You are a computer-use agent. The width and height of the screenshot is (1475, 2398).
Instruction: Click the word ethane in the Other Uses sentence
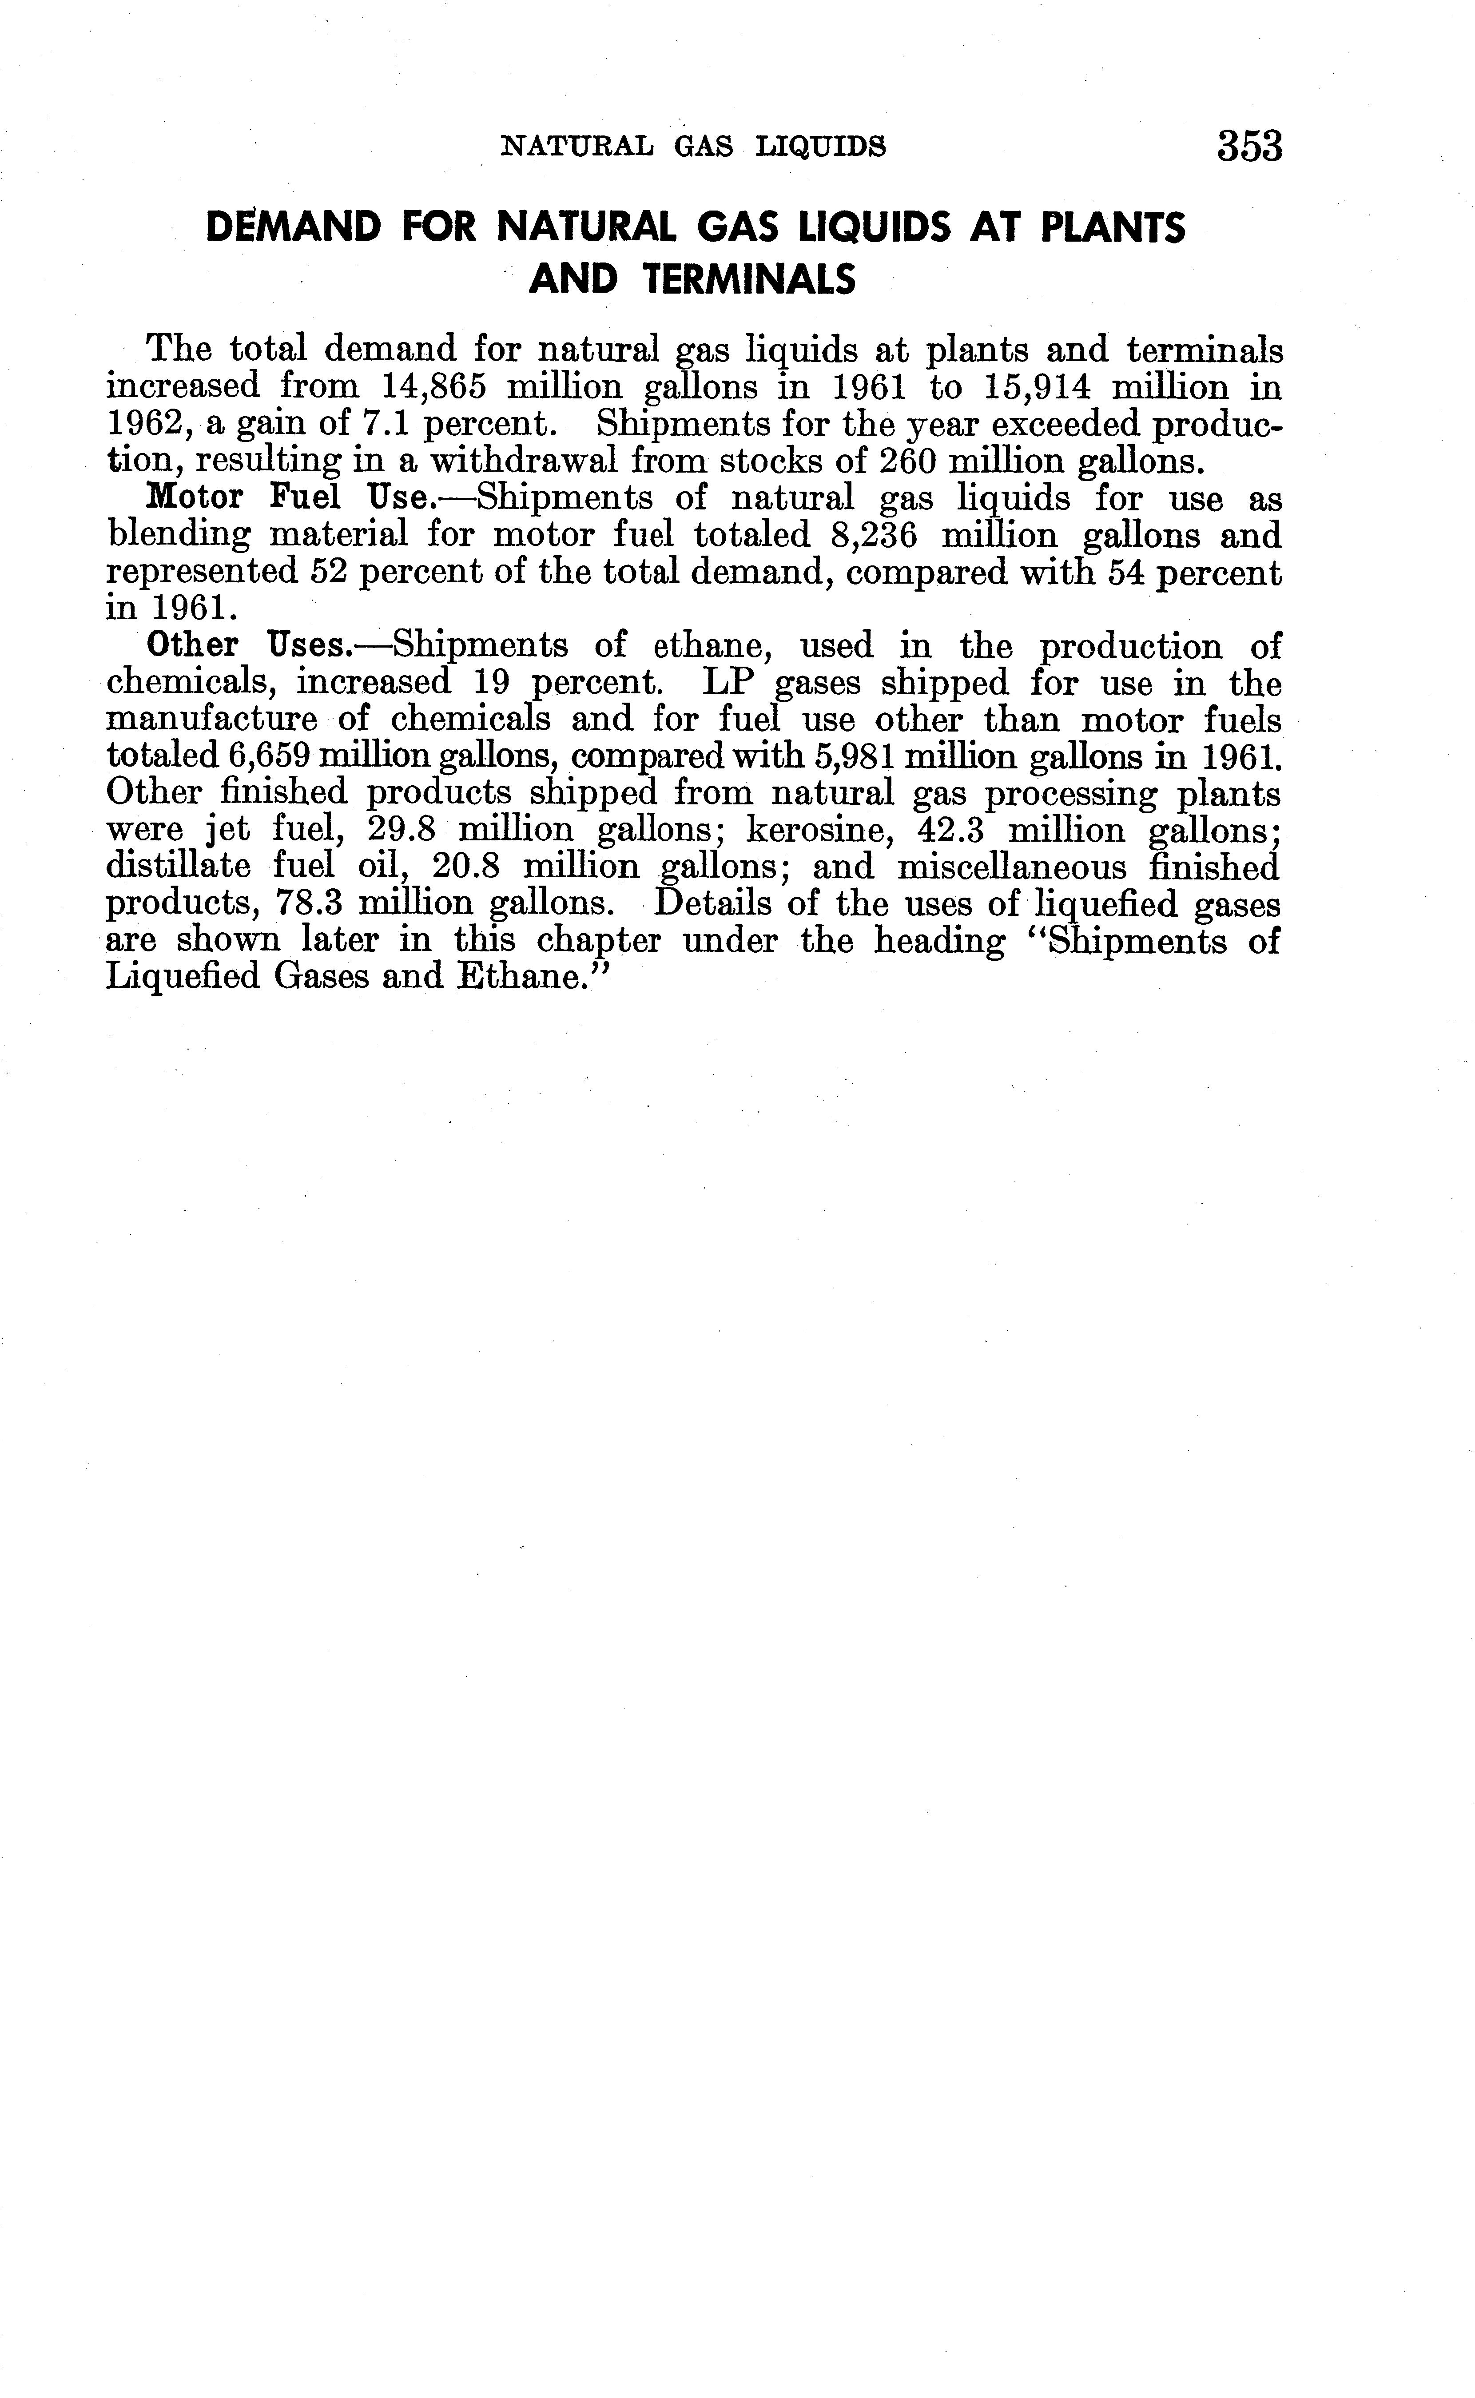click(712, 646)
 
